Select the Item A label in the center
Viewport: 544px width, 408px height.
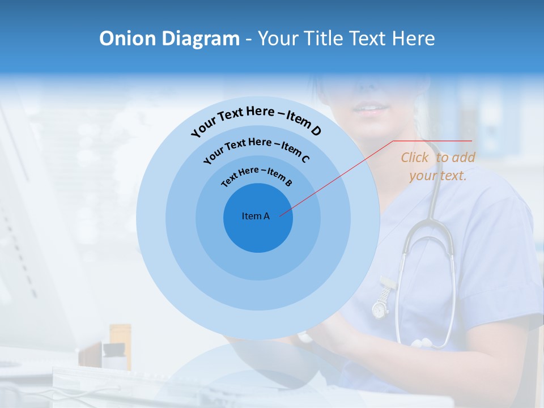click(x=256, y=216)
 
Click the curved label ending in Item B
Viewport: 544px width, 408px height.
click(x=257, y=176)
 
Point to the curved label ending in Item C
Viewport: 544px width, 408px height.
click(x=256, y=148)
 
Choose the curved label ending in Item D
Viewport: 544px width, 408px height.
click(x=256, y=120)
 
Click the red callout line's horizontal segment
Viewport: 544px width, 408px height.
click(x=432, y=141)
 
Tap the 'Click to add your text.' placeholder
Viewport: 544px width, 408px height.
click(x=438, y=167)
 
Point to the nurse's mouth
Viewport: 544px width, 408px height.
click(x=371, y=108)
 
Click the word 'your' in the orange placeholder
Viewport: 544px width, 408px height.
click(x=422, y=176)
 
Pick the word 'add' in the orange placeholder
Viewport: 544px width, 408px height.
click(x=464, y=158)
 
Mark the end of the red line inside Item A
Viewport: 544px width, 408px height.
click(x=280, y=215)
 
